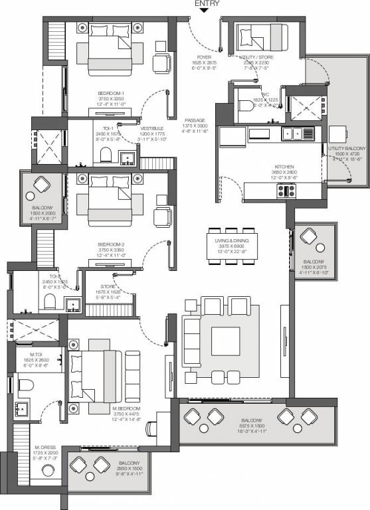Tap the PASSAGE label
(x=195, y=121)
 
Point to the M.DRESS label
(x=45, y=456)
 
